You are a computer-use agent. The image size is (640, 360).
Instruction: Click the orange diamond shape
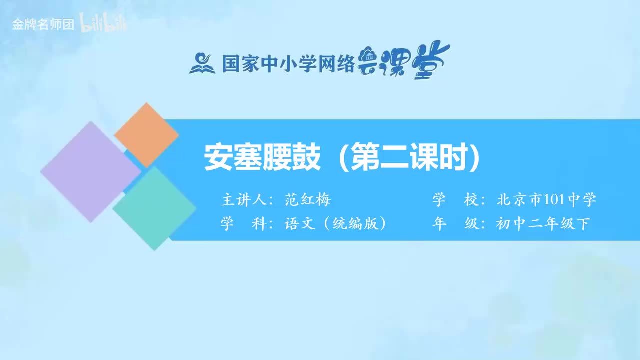click(146, 135)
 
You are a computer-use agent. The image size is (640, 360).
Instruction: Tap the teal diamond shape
click(154, 208)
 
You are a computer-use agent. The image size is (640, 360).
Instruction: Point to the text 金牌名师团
click(43, 24)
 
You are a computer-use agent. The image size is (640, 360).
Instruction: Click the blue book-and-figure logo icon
click(202, 63)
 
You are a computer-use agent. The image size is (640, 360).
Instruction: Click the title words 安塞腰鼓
click(262, 158)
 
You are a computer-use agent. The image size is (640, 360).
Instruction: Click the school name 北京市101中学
click(546, 200)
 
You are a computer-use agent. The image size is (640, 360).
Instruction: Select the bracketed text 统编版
click(355, 224)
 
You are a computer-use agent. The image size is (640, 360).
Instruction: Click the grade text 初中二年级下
click(543, 224)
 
